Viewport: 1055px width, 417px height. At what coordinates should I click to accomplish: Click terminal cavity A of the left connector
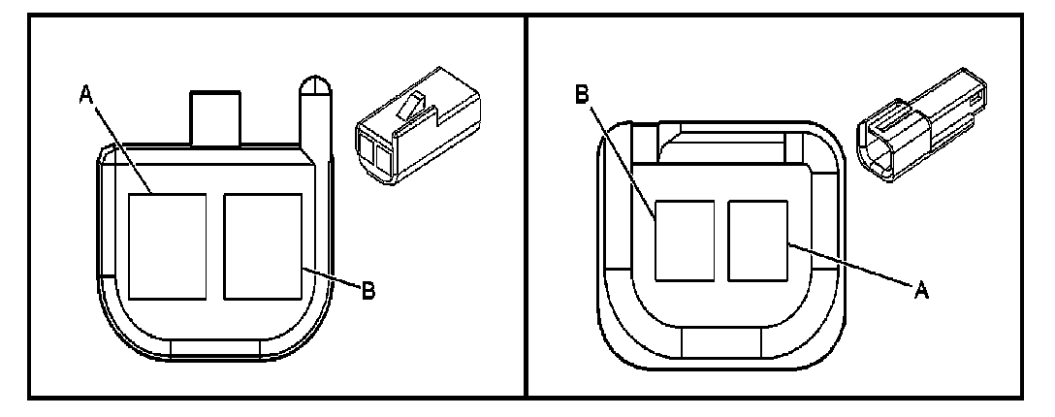pos(167,245)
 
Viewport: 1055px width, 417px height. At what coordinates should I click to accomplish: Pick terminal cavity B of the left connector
pos(262,245)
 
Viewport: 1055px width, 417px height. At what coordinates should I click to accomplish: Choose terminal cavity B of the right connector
pos(686,241)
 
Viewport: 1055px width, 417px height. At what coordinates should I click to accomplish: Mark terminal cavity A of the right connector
pos(758,241)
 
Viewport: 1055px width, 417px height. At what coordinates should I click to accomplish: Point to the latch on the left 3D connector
pos(414,108)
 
